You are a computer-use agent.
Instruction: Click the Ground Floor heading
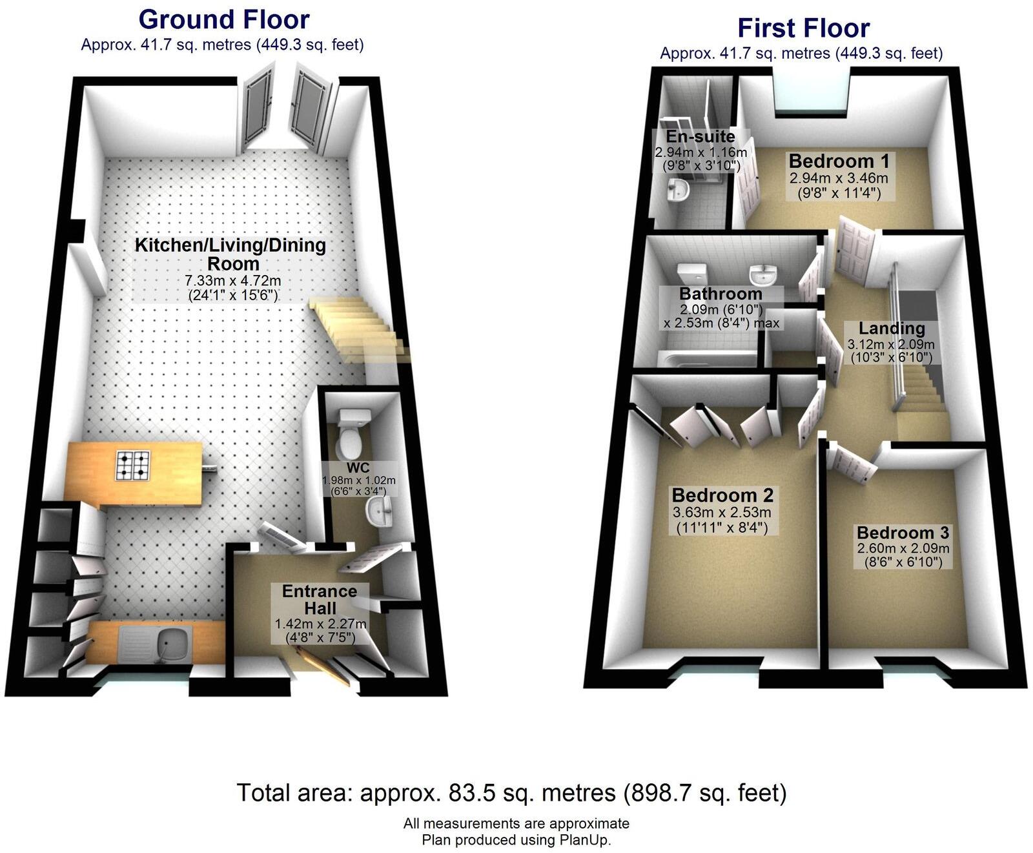coord(224,19)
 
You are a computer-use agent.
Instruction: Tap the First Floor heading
coord(803,28)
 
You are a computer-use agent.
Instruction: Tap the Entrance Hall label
coord(320,599)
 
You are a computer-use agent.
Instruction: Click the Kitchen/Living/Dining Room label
coord(230,254)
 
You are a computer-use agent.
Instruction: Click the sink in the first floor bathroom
coord(764,276)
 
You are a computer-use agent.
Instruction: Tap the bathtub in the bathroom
coord(706,358)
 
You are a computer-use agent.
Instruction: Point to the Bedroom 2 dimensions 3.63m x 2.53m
coord(722,513)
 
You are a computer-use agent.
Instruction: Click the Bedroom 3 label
coord(903,533)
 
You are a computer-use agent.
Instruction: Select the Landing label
coord(891,328)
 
